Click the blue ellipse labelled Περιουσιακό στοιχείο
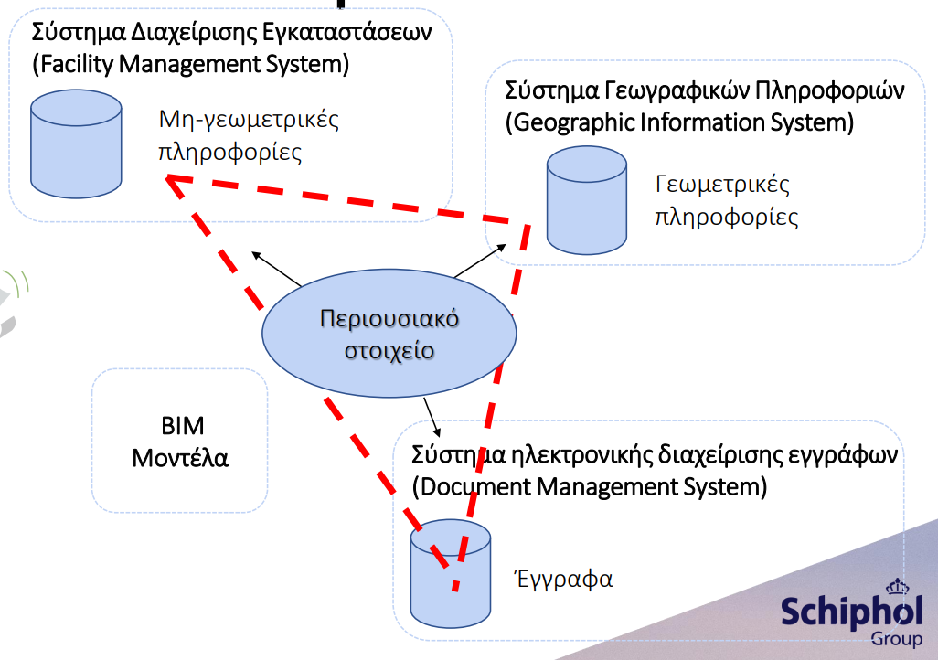pyautogui.click(x=389, y=334)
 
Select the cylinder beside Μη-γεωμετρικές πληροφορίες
pyautogui.click(x=76, y=144)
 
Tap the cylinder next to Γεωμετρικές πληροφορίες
pyautogui.click(x=587, y=200)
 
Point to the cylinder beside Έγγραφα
pyautogui.click(x=451, y=573)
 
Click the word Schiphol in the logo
pyautogui.click(x=852, y=612)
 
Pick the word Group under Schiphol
pyautogui.click(x=897, y=639)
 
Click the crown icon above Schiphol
pyautogui.click(x=898, y=587)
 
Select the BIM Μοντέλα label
pyautogui.click(x=181, y=442)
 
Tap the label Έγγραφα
pyautogui.click(x=563, y=579)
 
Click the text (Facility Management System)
pyautogui.click(x=191, y=64)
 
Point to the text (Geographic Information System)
pyautogui.click(x=679, y=122)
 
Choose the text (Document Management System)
pyautogui.click(x=590, y=486)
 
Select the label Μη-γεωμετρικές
pyautogui.click(x=249, y=120)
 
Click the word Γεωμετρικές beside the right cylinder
pyautogui.click(x=722, y=185)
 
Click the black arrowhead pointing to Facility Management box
pyautogui.click(x=256, y=255)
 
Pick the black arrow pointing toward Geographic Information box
pyautogui.click(x=480, y=261)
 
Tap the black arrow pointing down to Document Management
pyautogui.click(x=432, y=417)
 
